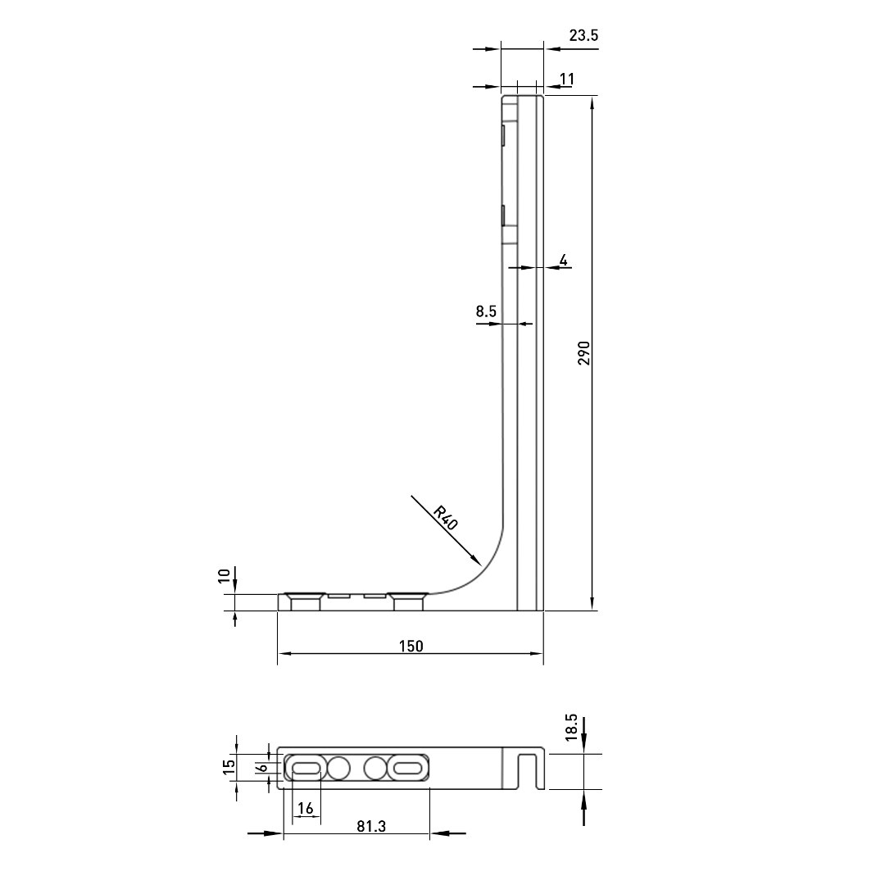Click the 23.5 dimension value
point(583,35)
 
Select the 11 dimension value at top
point(566,79)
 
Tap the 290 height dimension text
point(583,352)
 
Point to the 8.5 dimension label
point(486,311)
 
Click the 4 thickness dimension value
point(563,261)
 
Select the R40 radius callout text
point(446,519)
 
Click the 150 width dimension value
point(411,646)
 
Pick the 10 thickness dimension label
point(225,576)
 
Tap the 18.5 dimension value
point(572,727)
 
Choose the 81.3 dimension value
point(371,826)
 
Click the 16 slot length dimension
point(306,809)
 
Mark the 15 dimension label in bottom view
point(229,766)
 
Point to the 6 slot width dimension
point(261,768)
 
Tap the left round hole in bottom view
point(338,769)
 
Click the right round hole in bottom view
point(374,769)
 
